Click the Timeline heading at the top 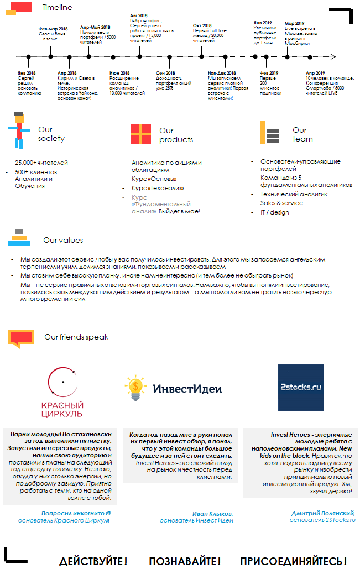coord(57,8)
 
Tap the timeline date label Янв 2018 coord(26,73)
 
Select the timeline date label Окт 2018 coord(202,25)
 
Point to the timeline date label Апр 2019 coord(315,73)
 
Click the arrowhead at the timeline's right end coord(333,56)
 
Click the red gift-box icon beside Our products coord(140,134)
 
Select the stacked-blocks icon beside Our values coord(19,238)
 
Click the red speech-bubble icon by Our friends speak coord(21,337)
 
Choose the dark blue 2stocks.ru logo coord(301,387)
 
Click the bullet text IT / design coord(275,212)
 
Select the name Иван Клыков coord(212,513)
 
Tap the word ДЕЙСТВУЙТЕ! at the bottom coord(93,561)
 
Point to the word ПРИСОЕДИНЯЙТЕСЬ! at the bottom coord(293,561)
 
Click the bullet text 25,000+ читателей coord(41,163)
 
